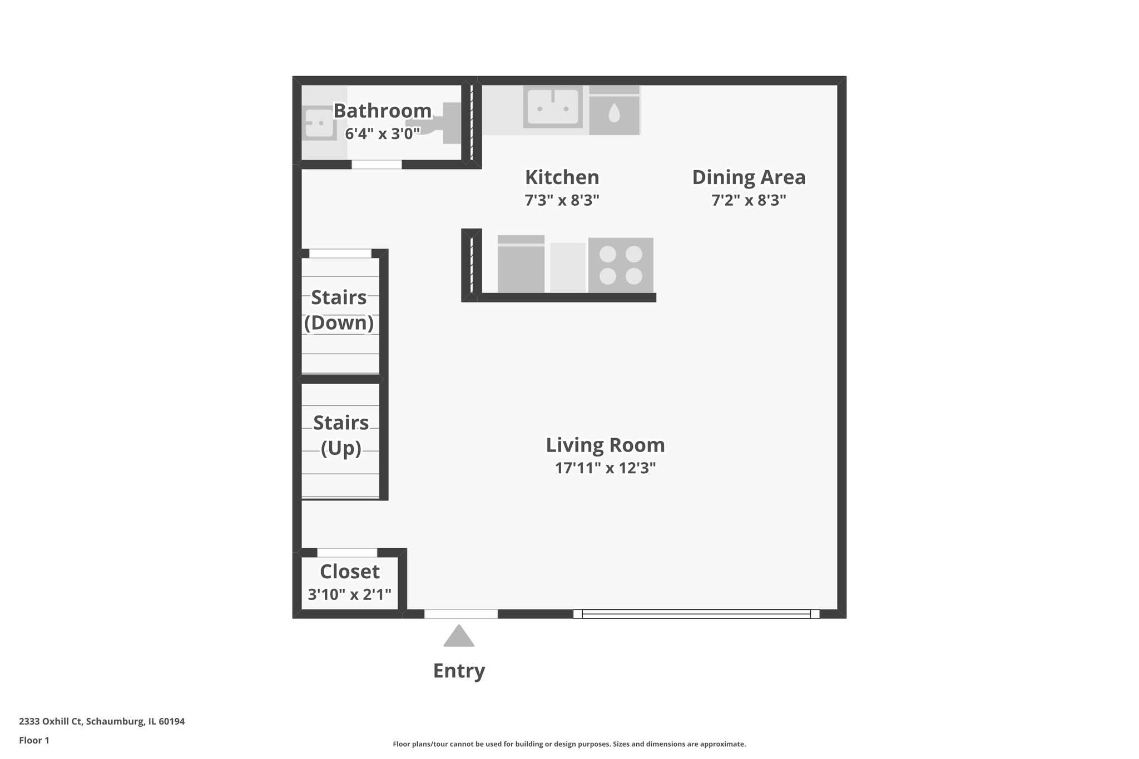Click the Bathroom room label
tap(382, 111)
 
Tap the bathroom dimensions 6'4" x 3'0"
tap(382, 134)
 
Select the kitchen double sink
tap(552, 107)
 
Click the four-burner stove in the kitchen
tap(621, 265)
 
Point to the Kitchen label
tap(562, 177)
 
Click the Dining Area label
tap(749, 177)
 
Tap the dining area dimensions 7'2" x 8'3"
tap(749, 200)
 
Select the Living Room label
tap(605, 445)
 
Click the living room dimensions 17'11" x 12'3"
tap(605, 468)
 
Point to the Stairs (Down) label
tap(339, 310)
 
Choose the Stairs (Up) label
tap(341, 435)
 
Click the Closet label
tap(350, 572)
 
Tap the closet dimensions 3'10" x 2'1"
tap(350, 594)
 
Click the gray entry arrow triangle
tap(459, 637)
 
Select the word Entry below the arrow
tap(459, 671)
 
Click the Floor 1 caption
tap(34, 740)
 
